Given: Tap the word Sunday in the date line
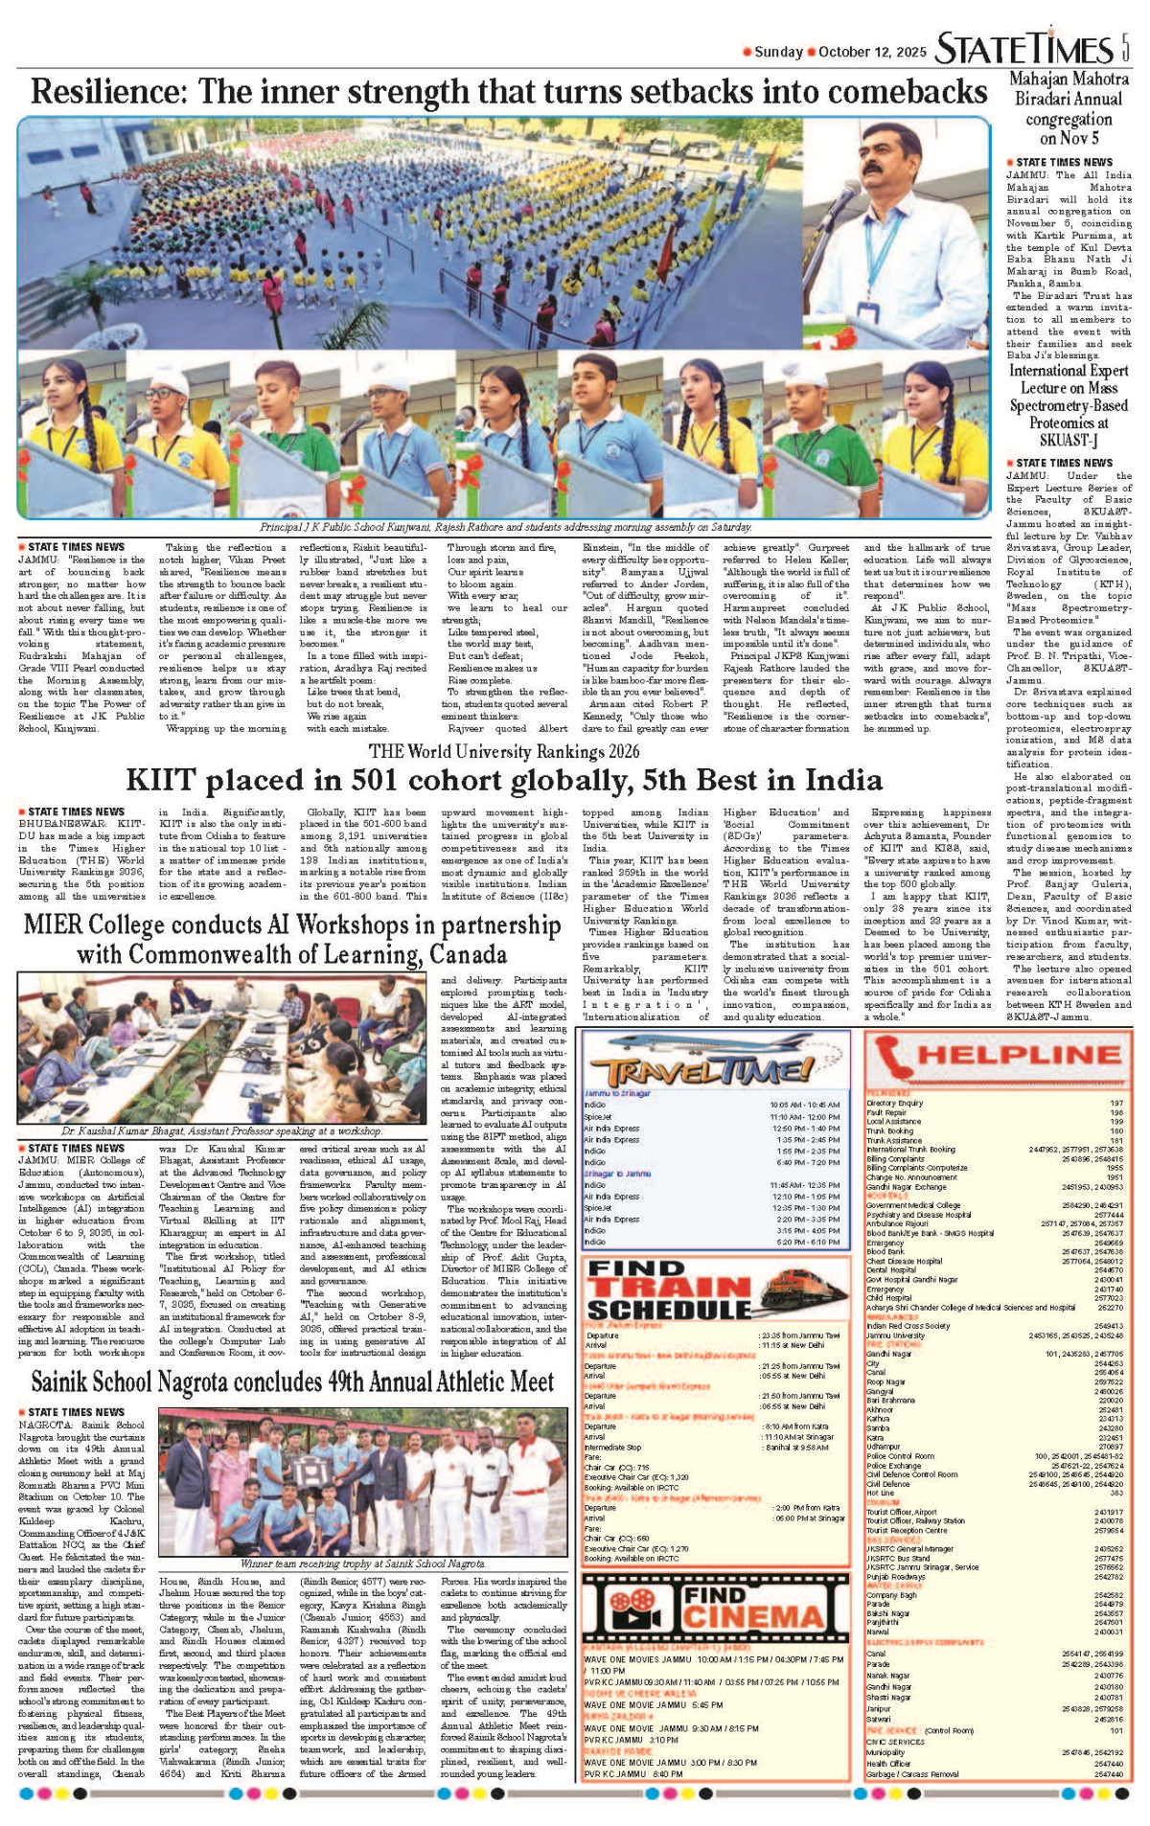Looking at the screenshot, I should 777,52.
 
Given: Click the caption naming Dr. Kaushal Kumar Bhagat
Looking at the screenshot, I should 221,1131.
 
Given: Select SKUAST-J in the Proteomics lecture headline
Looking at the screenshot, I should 1069,440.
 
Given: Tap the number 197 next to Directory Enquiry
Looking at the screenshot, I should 1115,1103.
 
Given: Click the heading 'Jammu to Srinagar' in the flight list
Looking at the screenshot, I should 616,1093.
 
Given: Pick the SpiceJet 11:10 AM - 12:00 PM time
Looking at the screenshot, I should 804,1117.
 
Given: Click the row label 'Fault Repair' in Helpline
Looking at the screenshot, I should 885,1112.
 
